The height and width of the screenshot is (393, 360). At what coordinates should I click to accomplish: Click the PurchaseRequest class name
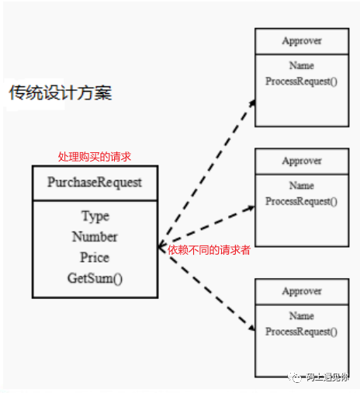(95, 183)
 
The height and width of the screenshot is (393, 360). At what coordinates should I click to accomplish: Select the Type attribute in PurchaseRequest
(95, 217)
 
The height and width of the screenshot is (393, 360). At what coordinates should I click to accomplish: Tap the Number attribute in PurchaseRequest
(95, 237)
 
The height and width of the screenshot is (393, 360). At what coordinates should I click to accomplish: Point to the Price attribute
(95, 257)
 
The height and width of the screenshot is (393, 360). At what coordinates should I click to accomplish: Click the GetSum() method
(95, 278)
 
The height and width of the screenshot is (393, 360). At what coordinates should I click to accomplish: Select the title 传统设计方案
(61, 92)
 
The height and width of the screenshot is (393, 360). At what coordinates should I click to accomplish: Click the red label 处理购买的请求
(95, 157)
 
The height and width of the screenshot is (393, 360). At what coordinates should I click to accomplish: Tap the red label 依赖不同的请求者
(209, 250)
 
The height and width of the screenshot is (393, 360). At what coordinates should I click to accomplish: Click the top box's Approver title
(302, 41)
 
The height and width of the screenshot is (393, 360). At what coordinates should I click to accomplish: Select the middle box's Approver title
(302, 161)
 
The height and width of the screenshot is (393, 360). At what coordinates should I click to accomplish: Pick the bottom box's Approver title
(302, 291)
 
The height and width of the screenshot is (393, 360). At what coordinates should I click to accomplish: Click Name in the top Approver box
(302, 65)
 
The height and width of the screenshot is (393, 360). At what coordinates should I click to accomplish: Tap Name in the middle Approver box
(302, 186)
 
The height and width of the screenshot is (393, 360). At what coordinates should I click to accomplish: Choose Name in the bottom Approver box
(302, 316)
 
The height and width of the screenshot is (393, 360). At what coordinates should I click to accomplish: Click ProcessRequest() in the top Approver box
(302, 82)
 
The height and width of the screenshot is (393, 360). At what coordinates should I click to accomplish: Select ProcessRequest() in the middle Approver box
(302, 202)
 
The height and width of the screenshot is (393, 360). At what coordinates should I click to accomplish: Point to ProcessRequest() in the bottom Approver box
(302, 332)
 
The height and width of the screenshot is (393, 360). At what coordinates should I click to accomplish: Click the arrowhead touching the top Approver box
(252, 103)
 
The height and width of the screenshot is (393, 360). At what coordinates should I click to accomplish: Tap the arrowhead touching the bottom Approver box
(251, 328)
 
